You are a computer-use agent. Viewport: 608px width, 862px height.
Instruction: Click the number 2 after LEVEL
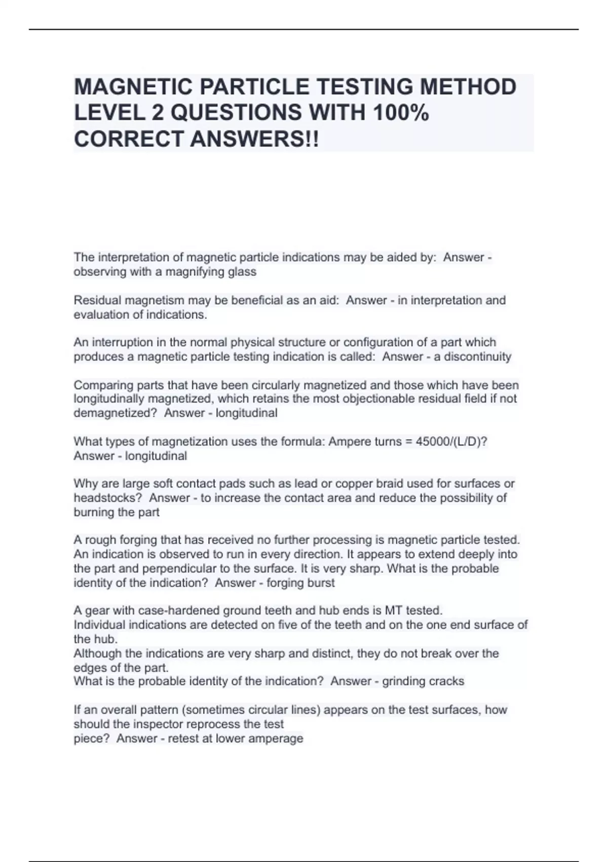click(158, 113)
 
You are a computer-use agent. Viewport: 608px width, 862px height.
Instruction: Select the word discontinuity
click(477, 356)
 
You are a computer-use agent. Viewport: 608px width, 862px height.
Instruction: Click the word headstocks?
click(108, 498)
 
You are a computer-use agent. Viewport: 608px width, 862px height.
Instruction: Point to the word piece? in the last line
click(92, 738)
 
